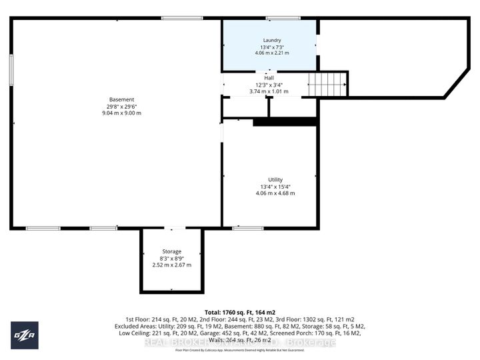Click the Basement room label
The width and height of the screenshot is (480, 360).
(x=117, y=99)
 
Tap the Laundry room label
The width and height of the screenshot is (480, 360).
(x=272, y=40)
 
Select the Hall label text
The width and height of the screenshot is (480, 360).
(x=269, y=78)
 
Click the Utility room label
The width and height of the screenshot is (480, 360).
(x=275, y=180)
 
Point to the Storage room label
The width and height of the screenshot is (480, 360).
(x=171, y=251)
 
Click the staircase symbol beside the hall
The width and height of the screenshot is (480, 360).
(x=327, y=85)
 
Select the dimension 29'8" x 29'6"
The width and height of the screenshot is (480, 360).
(x=117, y=106)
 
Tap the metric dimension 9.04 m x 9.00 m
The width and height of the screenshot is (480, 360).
(x=117, y=113)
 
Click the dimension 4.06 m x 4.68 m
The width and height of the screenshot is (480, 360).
(x=275, y=193)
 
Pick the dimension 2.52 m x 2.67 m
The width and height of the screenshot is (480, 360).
(x=171, y=265)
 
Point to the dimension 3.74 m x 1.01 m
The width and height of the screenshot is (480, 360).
(x=269, y=91)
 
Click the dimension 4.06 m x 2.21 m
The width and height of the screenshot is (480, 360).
(x=272, y=53)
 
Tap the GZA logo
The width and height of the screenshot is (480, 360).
(x=24, y=335)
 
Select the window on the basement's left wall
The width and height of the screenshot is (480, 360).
(x=11, y=69)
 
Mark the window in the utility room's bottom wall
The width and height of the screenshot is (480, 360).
(x=247, y=229)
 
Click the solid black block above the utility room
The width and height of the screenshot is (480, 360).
(x=284, y=122)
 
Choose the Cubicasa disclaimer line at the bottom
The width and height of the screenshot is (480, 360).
(x=240, y=350)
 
